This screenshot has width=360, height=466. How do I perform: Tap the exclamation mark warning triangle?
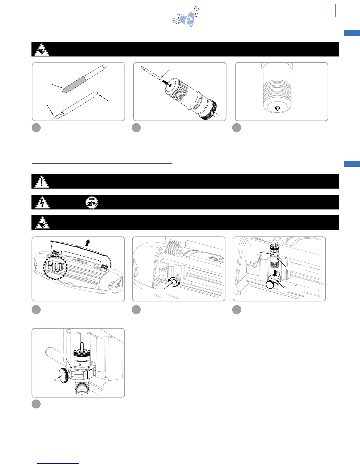tap(41, 182)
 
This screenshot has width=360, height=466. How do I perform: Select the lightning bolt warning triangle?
tap(41, 202)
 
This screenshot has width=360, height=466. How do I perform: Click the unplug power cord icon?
tap(91, 202)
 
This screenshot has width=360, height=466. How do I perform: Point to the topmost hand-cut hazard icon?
tap(41, 50)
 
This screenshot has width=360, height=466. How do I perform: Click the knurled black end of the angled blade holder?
tap(210, 110)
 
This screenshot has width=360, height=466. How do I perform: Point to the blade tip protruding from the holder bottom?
tap(277, 109)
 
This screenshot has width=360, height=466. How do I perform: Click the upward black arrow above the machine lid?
tap(87, 243)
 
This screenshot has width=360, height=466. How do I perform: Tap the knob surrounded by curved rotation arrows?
tap(174, 282)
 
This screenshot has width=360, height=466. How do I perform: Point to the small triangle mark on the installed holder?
tap(80, 365)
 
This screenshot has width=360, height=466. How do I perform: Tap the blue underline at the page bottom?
tap(58, 464)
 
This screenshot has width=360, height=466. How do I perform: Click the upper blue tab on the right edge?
tap(352, 33)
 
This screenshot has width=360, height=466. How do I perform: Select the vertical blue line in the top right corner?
tap(335, 11)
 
